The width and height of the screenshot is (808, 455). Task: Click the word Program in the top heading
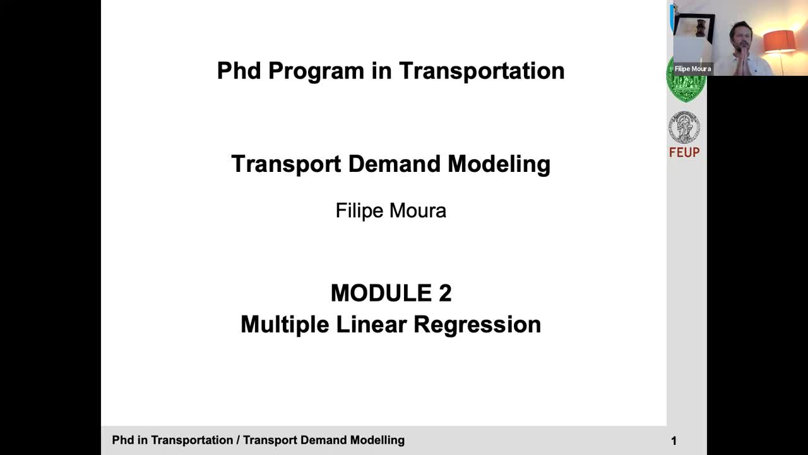[x=316, y=71]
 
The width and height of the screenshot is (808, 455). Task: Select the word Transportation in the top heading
[x=482, y=70]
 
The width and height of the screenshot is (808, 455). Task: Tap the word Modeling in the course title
[x=499, y=165]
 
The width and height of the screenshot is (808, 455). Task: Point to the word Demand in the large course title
[x=395, y=164]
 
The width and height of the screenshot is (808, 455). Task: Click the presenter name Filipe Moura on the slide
[x=391, y=210]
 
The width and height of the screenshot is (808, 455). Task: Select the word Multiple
[x=285, y=325]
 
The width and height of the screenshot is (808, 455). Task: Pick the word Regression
[x=477, y=325]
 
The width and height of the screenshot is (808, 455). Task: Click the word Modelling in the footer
[x=377, y=440]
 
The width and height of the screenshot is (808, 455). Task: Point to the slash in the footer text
[x=238, y=440]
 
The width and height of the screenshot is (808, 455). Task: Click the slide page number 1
[x=674, y=441]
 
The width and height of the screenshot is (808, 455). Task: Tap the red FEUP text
[x=684, y=152]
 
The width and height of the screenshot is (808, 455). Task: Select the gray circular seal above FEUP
[x=684, y=127]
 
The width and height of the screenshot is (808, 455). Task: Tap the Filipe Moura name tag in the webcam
[x=692, y=69]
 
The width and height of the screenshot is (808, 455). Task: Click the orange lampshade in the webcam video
[x=779, y=42]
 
